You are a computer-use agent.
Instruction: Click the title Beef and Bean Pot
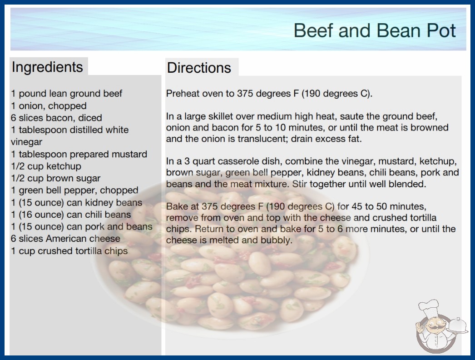[375, 30]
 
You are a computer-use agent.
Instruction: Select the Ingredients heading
[47, 67]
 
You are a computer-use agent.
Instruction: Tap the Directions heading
[199, 68]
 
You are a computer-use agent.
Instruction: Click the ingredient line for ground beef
[67, 94]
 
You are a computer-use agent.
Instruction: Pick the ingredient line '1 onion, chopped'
[49, 106]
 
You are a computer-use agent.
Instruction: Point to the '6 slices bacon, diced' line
[57, 118]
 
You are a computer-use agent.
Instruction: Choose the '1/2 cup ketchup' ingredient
[46, 166]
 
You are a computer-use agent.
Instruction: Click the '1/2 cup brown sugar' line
[56, 178]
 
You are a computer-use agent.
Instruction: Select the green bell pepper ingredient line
[75, 190]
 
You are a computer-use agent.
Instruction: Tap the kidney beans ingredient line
[77, 203]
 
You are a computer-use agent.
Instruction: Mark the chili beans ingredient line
[71, 215]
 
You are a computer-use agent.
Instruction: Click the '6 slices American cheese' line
[66, 239]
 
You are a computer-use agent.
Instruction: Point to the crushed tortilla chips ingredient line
[69, 251]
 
